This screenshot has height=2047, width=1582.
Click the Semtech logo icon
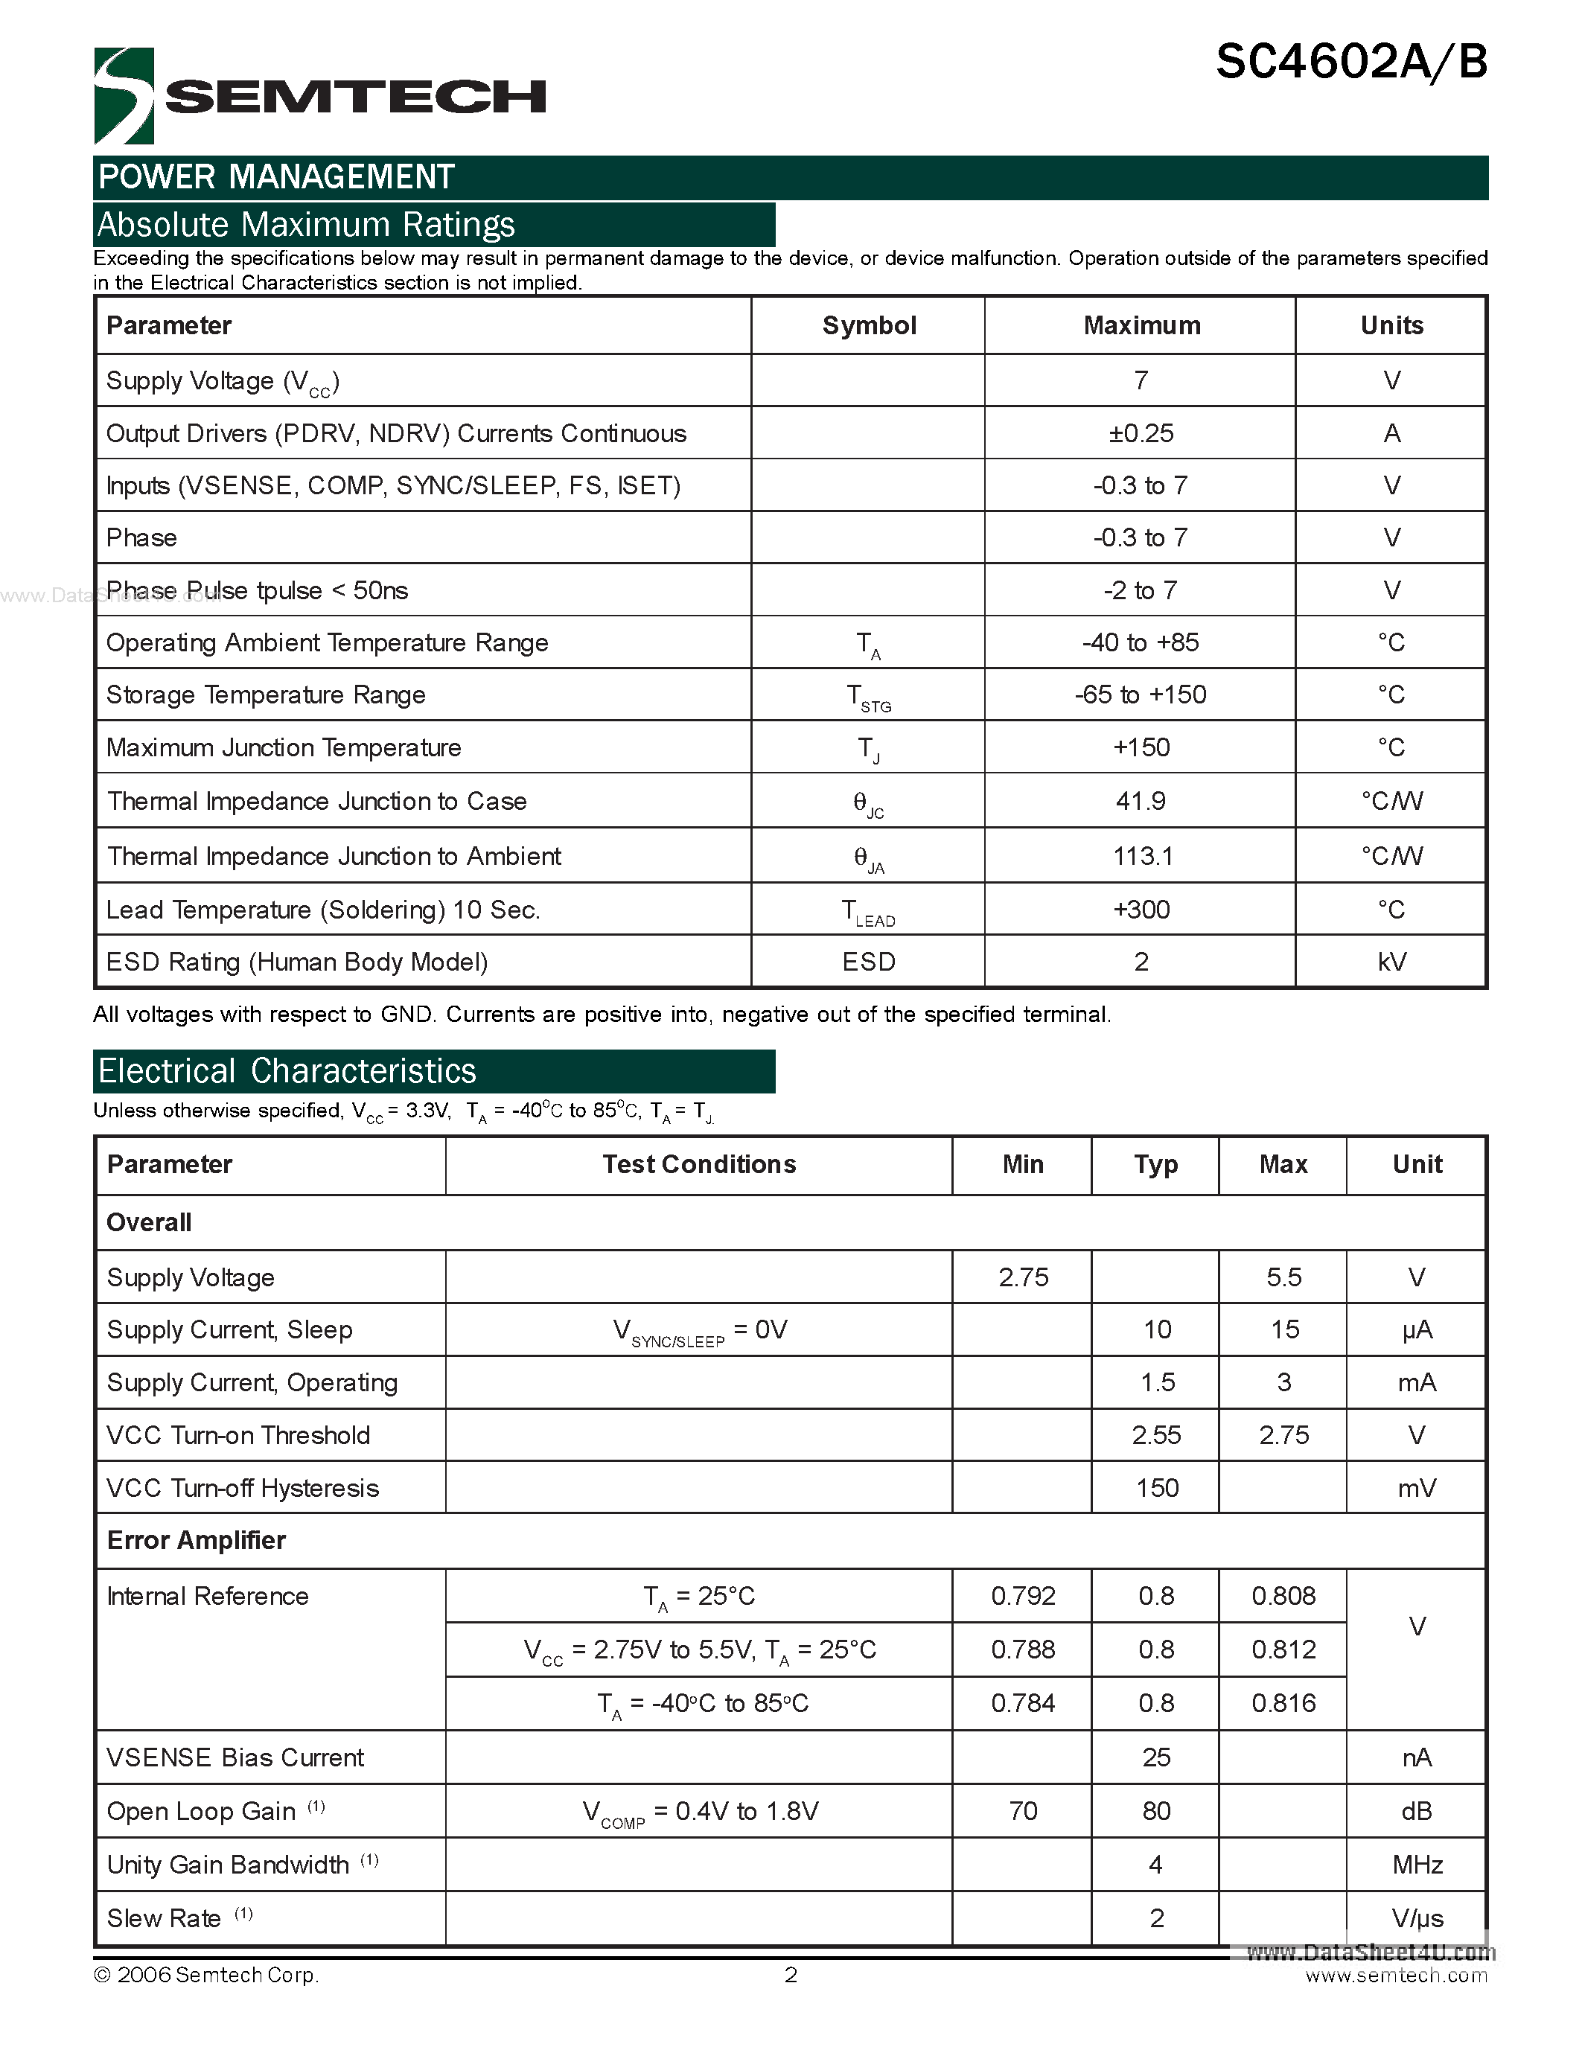124,95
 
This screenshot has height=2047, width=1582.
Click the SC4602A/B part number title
1350,63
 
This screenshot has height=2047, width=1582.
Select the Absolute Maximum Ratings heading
307,225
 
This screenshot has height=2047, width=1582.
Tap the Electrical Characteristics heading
287,1071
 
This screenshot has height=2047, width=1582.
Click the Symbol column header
869,325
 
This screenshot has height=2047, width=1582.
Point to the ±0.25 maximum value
1141,433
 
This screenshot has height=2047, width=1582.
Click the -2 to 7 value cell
1141,590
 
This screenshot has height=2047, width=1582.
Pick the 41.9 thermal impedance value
1141,802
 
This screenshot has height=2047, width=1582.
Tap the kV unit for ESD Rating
1391,962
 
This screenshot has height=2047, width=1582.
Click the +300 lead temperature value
1141,909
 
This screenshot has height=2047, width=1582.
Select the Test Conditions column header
699,1164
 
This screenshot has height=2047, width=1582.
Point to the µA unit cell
1417,1330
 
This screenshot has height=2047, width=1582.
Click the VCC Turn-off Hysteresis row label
243,1489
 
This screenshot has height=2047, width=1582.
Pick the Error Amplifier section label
196,1541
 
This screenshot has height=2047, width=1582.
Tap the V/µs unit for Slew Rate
1417,1917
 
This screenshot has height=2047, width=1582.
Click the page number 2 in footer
791,1975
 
